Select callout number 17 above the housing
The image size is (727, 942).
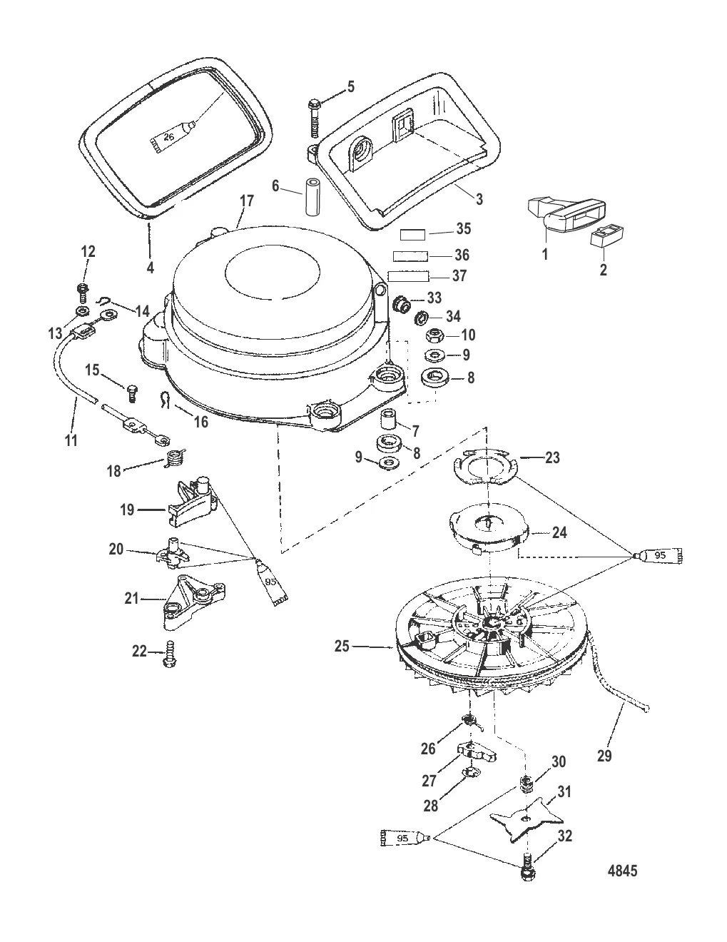[247, 201]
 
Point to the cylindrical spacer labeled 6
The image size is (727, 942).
[312, 196]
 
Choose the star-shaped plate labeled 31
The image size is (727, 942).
[526, 819]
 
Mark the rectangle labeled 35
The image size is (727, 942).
[413, 235]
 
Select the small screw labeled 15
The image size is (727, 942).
[132, 393]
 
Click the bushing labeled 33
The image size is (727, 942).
[402, 305]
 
